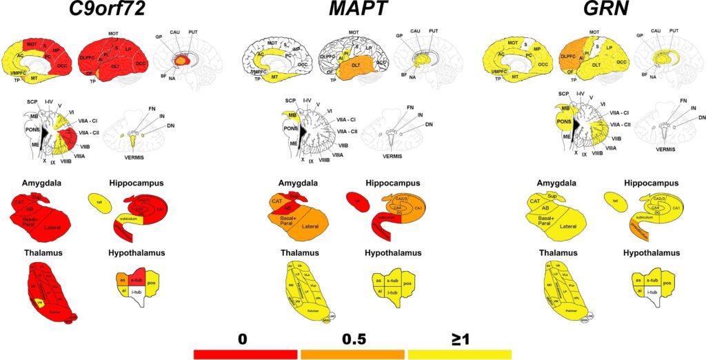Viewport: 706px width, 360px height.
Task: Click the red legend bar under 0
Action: pyautogui.click(x=245, y=354)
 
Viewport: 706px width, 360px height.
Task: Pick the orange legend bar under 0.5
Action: pyautogui.click(x=352, y=354)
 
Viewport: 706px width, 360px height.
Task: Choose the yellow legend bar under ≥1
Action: pyautogui.click(x=459, y=354)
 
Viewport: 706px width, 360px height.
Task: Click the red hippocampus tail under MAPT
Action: pyautogui.click(x=357, y=201)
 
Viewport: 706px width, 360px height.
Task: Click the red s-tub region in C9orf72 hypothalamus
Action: pyautogui.click(x=137, y=281)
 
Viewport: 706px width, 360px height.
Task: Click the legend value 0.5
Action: pyautogui.click(x=352, y=339)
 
